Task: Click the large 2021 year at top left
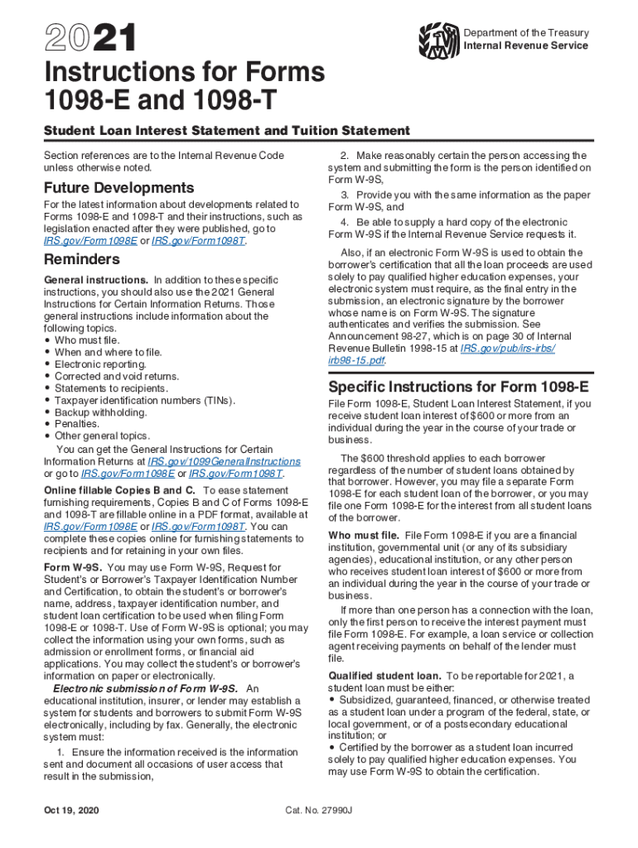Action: [x=81, y=39]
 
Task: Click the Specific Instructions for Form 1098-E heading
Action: [x=459, y=387]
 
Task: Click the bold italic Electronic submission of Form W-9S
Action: [x=146, y=688]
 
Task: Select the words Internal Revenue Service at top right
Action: [x=525, y=46]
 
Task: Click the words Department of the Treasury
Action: [x=526, y=32]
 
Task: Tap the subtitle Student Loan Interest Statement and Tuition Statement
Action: [x=226, y=131]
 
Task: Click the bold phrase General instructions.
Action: [x=95, y=280]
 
